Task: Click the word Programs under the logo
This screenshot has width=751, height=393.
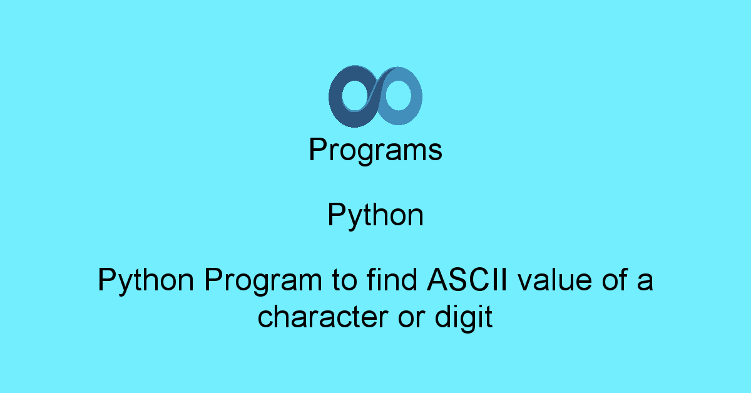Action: click(x=375, y=150)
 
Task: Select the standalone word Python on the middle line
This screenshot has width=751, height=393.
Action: click(x=375, y=215)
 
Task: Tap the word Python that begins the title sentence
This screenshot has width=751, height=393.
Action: click(x=146, y=280)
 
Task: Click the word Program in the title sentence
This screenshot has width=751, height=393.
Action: click(x=263, y=281)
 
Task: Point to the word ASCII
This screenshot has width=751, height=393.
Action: click(x=467, y=279)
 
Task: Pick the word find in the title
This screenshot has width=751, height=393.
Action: click(x=392, y=279)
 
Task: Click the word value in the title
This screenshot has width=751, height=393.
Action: click(x=555, y=279)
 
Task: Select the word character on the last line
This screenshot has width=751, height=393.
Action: click(x=322, y=316)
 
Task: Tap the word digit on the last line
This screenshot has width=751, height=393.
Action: click(x=464, y=319)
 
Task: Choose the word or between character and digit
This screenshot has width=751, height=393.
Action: click(x=411, y=319)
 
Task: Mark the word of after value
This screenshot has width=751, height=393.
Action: click(x=615, y=279)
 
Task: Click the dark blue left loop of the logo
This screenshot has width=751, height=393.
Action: click(x=335, y=97)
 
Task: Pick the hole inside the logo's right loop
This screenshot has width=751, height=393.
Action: click(x=398, y=95)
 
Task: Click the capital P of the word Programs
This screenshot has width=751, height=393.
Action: click(x=319, y=149)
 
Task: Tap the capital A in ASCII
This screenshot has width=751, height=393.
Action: click(x=438, y=279)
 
